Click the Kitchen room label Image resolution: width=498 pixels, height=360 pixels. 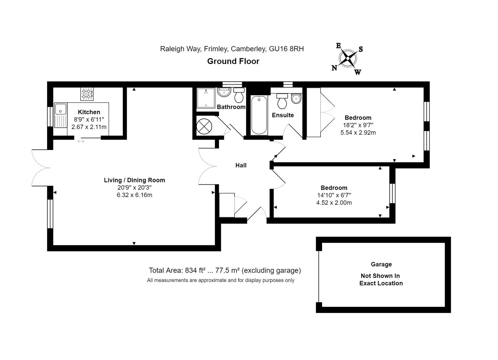tap(89, 112)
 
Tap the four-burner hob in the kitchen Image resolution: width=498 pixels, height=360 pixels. tap(87, 94)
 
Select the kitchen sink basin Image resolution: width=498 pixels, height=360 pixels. tap(60, 109)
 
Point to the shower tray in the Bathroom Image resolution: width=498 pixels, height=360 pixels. tap(206, 98)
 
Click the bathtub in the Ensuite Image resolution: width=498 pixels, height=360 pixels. tap(259, 115)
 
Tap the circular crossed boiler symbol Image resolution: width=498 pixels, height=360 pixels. tap(204, 127)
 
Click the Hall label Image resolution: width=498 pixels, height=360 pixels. tap(241, 165)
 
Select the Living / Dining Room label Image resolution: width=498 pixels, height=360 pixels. tap(135, 180)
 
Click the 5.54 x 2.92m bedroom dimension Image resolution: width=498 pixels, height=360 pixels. tap(358, 133)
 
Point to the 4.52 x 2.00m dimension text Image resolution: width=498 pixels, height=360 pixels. tap(334, 203)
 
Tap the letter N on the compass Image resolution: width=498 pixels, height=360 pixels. tap(334, 68)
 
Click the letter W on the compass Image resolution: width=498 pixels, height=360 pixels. tap(358, 72)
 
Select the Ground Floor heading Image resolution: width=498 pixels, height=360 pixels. tap(233, 61)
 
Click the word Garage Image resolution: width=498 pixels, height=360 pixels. tap(381, 264)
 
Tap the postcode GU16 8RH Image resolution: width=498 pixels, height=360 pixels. tap(286, 49)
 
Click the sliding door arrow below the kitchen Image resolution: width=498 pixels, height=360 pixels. tap(81, 141)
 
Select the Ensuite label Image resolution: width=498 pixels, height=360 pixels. tap(283, 115)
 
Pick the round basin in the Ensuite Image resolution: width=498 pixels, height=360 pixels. tap(296, 99)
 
